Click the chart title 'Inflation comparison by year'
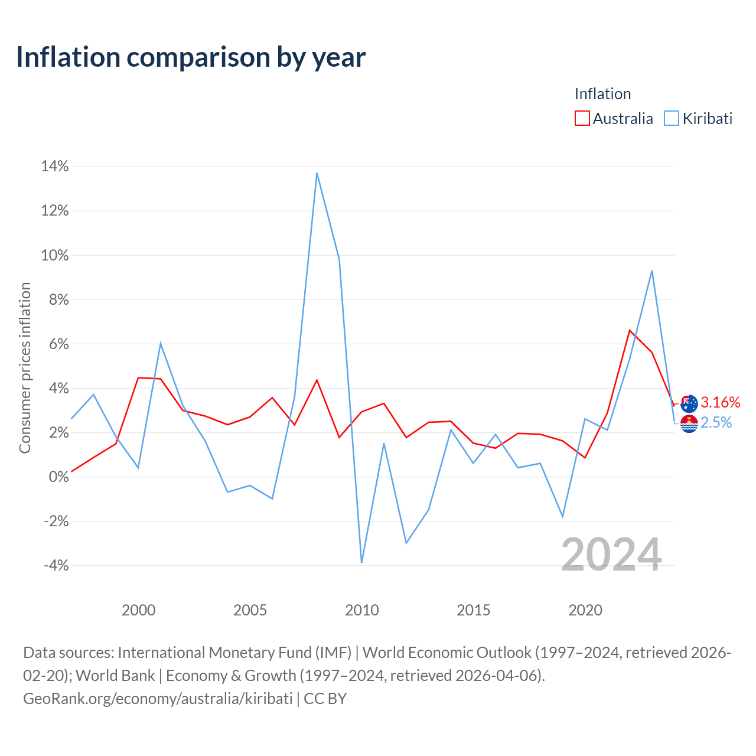coord(191,58)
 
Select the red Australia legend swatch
coord(581,118)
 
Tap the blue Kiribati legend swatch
coord(671,118)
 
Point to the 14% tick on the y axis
coord(55,167)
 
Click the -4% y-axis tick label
coord(56,565)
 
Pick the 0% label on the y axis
coord(59,477)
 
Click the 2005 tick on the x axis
coord(250,610)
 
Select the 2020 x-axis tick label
coord(585,610)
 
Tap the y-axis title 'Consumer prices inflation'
coord(25,367)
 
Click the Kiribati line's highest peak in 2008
coord(317,173)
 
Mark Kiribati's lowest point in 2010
coord(361,562)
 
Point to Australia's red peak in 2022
coord(630,330)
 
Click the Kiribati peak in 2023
coord(651,271)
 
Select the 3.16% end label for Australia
coord(721,402)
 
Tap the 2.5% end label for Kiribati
coord(716,422)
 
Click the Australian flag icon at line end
coord(689,404)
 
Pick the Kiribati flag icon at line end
coord(689,423)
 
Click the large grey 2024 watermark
coord(611,555)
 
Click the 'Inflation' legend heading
coord(602,94)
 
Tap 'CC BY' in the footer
coord(325,699)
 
